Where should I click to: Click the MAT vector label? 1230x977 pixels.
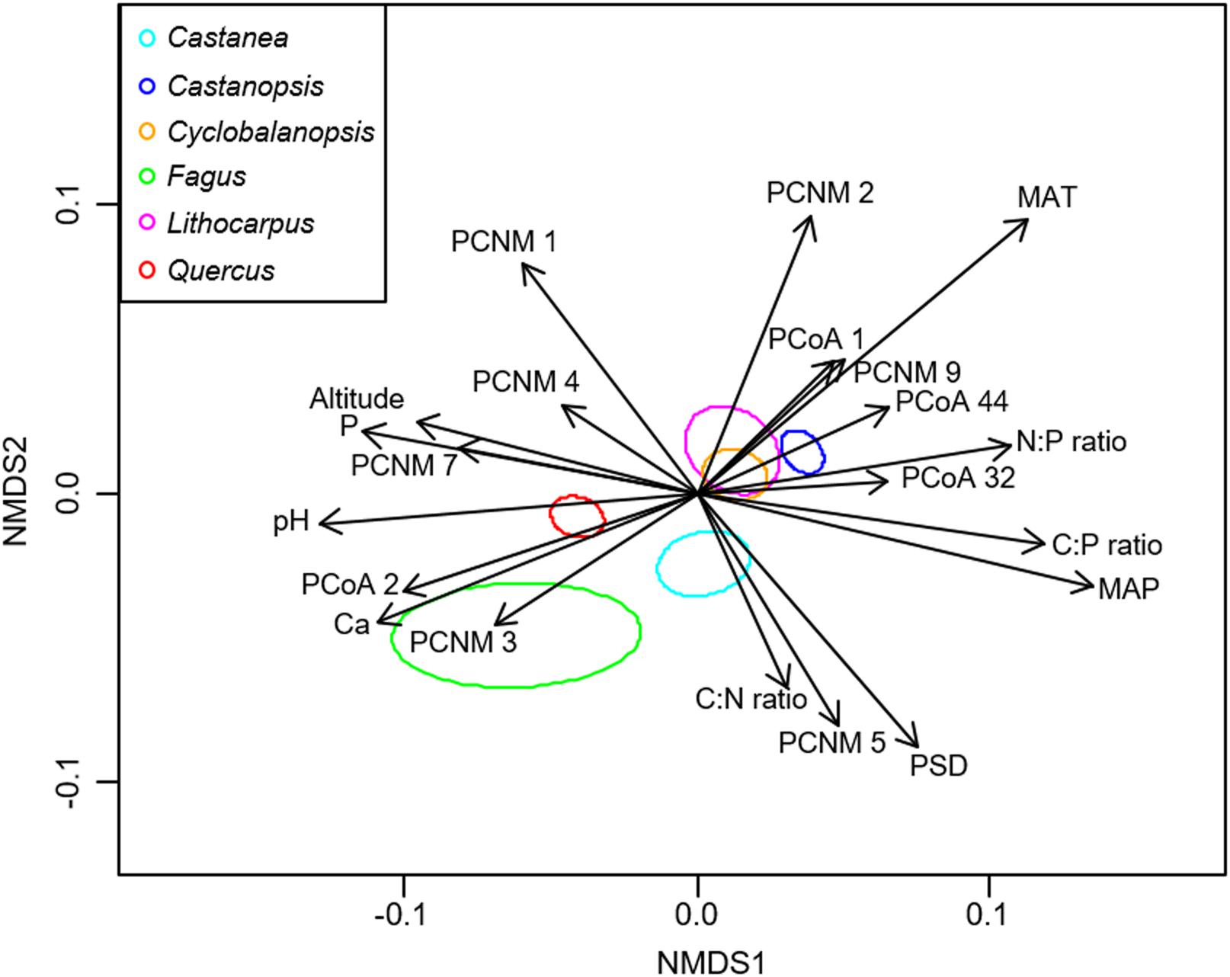(x=1047, y=198)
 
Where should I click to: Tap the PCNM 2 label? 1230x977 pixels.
(x=820, y=194)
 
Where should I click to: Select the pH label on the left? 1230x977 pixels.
(x=291, y=523)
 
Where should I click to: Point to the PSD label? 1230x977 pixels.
(x=938, y=765)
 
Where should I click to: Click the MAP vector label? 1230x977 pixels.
(x=1129, y=589)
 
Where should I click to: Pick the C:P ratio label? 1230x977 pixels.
(x=1107, y=546)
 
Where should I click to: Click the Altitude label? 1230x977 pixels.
(x=356, y=398)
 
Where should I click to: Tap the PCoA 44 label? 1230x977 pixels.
(x=951, y=401)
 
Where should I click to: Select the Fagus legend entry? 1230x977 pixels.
(x=207, y=177)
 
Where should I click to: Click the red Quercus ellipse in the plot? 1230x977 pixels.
(x=578, y=516)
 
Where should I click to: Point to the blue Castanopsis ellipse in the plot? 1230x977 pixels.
(x=802, y=452)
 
